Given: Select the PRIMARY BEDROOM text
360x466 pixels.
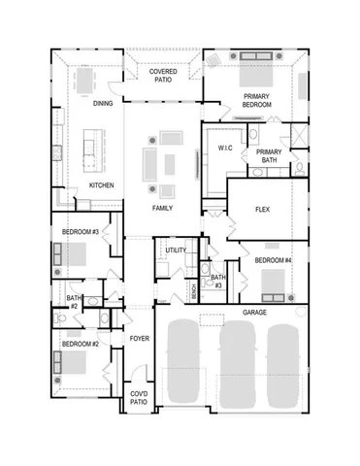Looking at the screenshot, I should coord(257,100).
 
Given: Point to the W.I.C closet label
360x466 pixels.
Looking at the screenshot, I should coord(225,149).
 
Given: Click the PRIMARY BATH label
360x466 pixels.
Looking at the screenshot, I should coord(268,157).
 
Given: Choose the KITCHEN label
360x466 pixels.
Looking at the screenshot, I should coord(103,184).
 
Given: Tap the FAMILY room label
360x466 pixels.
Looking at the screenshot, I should coord(162,209).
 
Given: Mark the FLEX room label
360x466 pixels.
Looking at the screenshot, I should coord(262,210).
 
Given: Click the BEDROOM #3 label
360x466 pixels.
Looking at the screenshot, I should coord(82,232).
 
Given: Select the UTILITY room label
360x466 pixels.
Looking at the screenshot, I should coord(176,250).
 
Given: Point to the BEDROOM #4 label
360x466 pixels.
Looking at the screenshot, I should coord(274,260).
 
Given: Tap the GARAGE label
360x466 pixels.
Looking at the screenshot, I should coord(255,313).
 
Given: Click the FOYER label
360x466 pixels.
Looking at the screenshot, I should coord(140,338).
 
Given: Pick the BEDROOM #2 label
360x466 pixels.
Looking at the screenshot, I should coord(81,345).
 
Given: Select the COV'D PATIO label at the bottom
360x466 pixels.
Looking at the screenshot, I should coord(139,397).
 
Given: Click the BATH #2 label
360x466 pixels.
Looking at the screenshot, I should coord(73,302).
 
